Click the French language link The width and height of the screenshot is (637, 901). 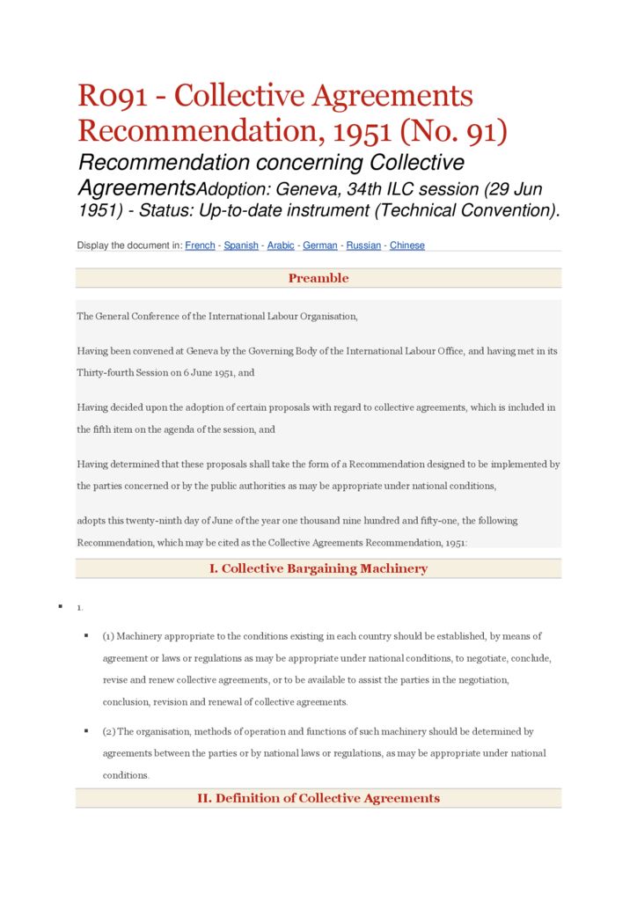(x=200, y=245)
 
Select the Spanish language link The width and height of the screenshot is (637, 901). (x=240, y=245)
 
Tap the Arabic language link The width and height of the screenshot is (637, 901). (x=281, y=245)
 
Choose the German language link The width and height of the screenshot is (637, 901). (x=320, y=245)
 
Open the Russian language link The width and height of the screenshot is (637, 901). (x=363, y=245)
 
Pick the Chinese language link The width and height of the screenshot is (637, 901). (x=407, y=245)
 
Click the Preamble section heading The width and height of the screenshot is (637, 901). (x=318, y=278)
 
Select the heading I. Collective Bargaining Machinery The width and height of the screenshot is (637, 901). (x=318, y=568)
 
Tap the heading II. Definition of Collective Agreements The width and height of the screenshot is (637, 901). (x=318, y=798)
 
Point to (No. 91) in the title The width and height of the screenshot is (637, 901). (x=454, y=131)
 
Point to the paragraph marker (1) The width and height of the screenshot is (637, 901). (x=108, y=636)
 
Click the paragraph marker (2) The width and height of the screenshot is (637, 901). (x=109, y=731)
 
